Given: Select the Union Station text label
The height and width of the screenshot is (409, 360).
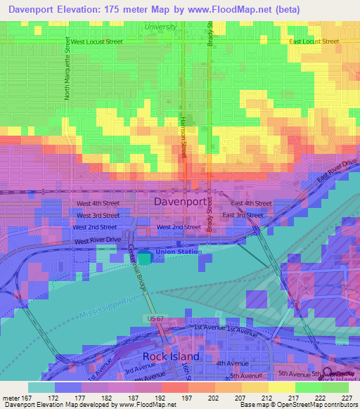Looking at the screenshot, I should tap(178, 252).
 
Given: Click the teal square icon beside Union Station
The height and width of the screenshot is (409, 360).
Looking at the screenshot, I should tap(144, 258).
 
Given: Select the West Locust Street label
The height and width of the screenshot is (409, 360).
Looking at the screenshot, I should tap(96, 41).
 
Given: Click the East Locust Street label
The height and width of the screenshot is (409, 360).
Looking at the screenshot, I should tap(314, 41).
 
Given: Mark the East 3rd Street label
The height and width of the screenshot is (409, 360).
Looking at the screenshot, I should tap(243, 215).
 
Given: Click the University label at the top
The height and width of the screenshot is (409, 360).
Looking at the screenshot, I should tap(160, 27).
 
